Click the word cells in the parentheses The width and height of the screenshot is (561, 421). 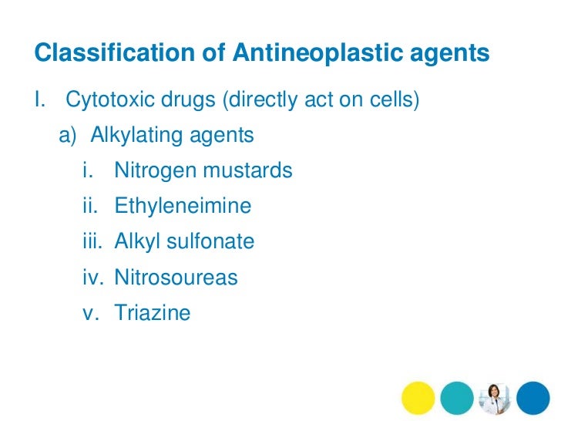(395, 101)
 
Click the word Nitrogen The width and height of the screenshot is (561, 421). (151, 170)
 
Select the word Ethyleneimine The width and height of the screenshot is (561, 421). (183, 206)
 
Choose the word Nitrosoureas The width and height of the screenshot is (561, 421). (176, 277)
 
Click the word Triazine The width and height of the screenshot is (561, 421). (152, 312)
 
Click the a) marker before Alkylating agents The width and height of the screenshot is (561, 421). (69, 136)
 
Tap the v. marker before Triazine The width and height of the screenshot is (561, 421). (91, 312)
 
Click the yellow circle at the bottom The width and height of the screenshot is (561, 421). (418, 398)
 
